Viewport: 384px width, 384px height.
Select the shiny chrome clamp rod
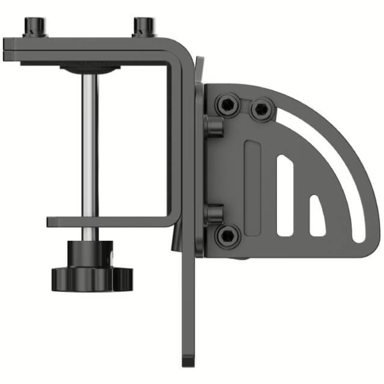pos(90,147)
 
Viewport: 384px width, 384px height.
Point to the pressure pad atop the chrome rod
pos(89,68)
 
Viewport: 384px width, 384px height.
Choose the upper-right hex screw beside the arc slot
pos(261,109)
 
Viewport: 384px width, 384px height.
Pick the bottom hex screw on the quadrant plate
pos(227,235)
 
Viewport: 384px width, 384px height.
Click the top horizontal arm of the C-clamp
pos(96,46)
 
